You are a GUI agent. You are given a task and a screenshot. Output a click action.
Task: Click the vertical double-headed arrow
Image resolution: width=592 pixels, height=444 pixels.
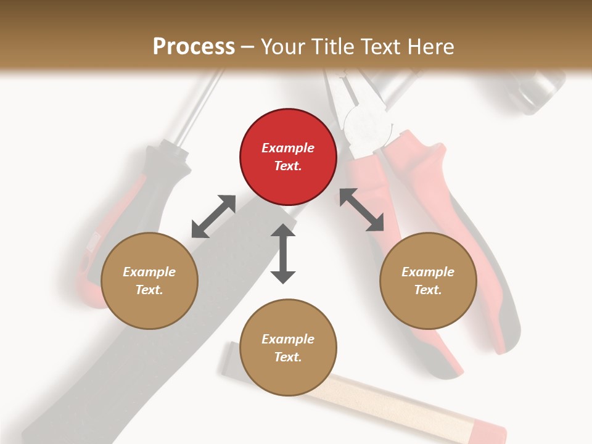pos(283,253)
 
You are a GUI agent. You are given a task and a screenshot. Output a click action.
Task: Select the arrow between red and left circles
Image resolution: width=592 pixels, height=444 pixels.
pos(213,216)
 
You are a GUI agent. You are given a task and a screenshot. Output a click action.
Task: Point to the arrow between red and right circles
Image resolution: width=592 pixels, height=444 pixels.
pos(361,210)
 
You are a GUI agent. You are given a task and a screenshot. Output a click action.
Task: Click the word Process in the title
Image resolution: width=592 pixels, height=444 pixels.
pos(194,46)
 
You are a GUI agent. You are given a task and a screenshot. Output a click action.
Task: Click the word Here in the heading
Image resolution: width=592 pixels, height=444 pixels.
pos(430,46)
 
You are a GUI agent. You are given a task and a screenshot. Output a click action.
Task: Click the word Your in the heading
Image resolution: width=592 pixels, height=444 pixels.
pos(283,46)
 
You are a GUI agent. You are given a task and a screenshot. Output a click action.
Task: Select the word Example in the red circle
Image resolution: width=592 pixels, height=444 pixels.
pos(288,148)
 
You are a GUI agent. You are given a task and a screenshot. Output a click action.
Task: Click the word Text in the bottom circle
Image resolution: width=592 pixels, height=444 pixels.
pos(288,357)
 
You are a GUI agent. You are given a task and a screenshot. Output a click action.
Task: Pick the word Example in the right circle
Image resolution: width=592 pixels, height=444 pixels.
pos(428,272)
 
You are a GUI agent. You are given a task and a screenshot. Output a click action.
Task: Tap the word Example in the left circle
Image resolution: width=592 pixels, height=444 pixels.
pos(149,272)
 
